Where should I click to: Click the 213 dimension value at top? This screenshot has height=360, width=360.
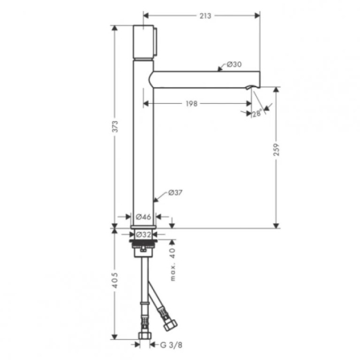point(205,16)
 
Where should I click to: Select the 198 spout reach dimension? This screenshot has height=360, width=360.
point(192,104)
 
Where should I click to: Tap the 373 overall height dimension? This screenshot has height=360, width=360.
point(115,127)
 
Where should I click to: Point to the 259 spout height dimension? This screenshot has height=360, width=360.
point(276,150)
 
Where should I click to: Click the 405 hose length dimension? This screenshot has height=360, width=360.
point(115,280)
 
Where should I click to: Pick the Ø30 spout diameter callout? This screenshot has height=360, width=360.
point(234,64)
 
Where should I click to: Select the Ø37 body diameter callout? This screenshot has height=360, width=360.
point(175,192)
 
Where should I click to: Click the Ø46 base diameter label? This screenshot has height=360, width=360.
point(143,217)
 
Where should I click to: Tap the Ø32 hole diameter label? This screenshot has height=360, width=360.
point(143,235)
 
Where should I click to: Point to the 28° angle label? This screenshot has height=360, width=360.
point(257,114)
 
